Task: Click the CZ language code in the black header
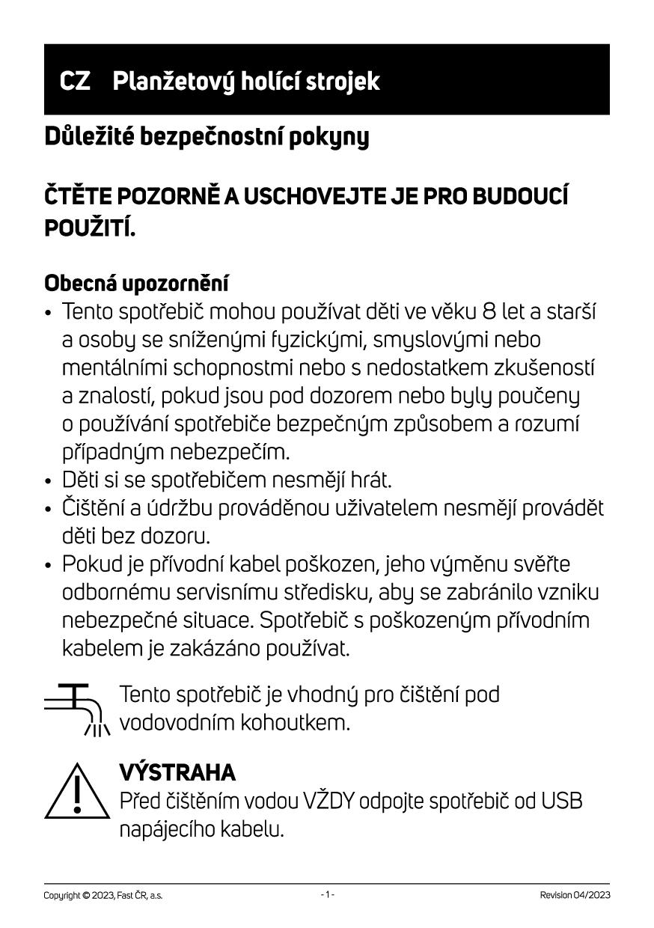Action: click(75, 81)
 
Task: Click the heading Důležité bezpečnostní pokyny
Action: click(207, 138)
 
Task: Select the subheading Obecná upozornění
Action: click(137, 284)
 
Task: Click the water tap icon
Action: click(77, 709)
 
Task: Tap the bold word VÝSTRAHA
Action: click(177, 772)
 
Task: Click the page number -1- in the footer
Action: click(327, 895)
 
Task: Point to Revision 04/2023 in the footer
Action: click(575, 895)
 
